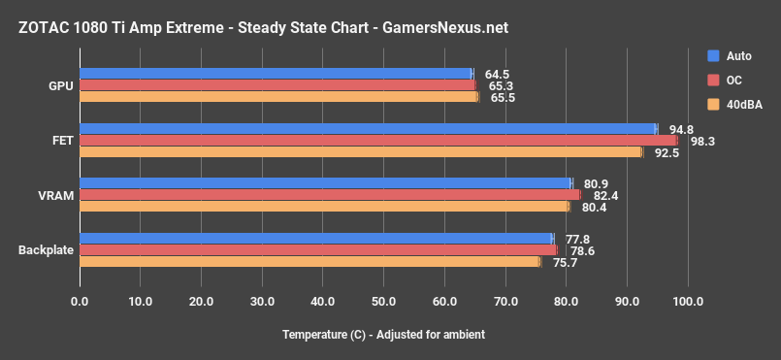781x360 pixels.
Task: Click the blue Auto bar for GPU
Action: tap(276, 74)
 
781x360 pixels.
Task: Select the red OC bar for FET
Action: tap(378, 140)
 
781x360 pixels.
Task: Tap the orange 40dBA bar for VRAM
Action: tap(324, 206)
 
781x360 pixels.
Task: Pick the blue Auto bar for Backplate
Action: tap(316, 238)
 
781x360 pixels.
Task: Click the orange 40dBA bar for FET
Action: tap(361, 151)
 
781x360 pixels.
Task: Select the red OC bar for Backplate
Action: tap(318, 249)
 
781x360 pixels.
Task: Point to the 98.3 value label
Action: tap(702, 142)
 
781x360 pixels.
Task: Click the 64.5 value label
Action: tap(497, 75)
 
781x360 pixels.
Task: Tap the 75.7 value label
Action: tap(564, 262)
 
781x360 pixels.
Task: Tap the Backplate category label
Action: tap(47, 250)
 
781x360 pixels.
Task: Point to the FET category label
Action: tap(62, 141)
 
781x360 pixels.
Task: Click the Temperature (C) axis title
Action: tap(383, 335)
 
